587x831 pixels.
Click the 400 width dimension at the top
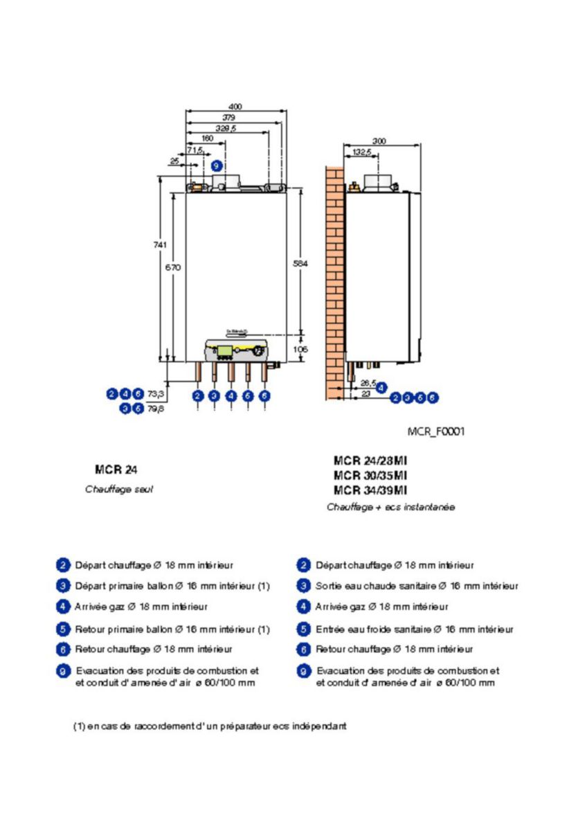tap(235, 107)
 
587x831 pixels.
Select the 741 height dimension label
tap(159, 244)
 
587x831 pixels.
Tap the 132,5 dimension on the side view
tap(362, 152)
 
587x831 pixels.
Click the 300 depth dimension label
tap(379, 141)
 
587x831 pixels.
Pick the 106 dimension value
tap(300, 350)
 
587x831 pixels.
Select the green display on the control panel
tap(225, 350)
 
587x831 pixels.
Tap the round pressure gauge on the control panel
tap(257, 350)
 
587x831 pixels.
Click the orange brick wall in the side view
tap(335, 277)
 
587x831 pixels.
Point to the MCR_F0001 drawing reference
tap(436, 431)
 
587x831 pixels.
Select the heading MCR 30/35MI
tap(370, 475)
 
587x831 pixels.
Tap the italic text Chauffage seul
tap(124, 489)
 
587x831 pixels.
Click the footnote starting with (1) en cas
tap(210, 726)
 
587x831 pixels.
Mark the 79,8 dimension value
tap(156, 409)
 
